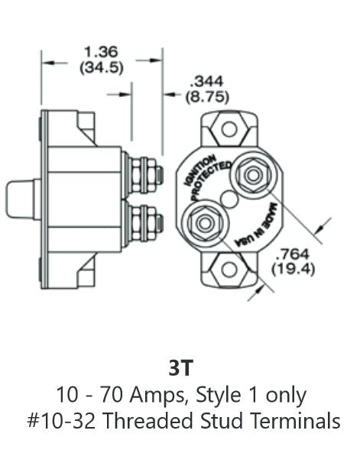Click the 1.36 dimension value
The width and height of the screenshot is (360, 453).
point(102,52)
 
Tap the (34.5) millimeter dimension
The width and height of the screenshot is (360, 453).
point(102,66)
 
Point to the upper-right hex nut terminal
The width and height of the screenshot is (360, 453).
point(251,176)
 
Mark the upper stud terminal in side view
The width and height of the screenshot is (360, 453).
point(145,175)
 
